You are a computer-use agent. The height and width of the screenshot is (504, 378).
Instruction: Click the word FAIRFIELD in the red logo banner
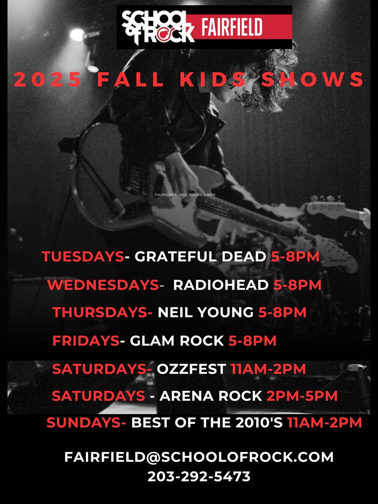pos(232,27)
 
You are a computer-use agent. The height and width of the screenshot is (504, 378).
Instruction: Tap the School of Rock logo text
pos(158,27)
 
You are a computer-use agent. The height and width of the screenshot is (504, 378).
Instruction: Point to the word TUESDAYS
pos(83,257)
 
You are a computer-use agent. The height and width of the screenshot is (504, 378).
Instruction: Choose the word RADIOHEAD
pos(221,285)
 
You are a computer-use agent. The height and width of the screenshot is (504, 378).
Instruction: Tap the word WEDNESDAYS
pos(103,285)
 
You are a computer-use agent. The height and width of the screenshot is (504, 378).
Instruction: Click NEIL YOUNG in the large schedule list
pos(206,312)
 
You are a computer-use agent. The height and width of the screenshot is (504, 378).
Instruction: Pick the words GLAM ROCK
pos(177,341)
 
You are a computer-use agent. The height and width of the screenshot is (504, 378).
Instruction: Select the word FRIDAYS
pos(86,341)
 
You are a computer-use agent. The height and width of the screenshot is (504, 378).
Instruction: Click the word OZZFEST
pos(191,369)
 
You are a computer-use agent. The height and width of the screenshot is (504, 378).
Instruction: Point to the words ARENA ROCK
pos(211,396)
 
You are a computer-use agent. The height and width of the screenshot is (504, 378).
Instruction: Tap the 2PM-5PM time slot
pos(302,396)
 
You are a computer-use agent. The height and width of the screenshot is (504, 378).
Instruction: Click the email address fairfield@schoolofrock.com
pos(199,457)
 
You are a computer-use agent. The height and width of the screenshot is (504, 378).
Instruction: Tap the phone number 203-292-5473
pos(199,476)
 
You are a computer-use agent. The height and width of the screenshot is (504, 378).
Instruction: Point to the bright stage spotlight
pos(77,35)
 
